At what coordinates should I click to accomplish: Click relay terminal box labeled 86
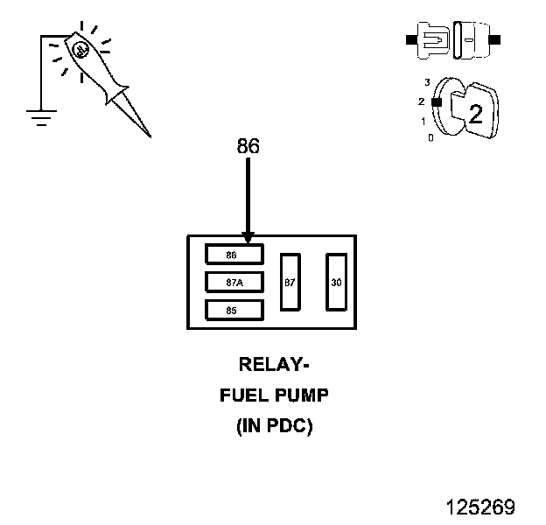click(x=234, y=255)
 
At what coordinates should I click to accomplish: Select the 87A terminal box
click(x=234, y=283)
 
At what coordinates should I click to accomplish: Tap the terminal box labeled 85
click(x=234, y=310)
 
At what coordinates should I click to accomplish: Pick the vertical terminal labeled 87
click(x=290, y=282)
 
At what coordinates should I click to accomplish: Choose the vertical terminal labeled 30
click(x=337, y=282)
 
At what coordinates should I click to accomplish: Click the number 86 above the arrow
click(x=248, y=146)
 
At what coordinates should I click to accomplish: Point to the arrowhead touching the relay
click(x=248, y=237)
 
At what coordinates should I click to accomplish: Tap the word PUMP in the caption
click(x=300, y=395)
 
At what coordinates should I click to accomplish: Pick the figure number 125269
click(x=479, y=507)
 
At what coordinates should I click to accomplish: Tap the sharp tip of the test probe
click(x=149, y=136)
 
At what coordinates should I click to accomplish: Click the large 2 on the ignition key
click(x=475, y=113)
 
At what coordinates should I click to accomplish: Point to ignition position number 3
click(x=427, y=82)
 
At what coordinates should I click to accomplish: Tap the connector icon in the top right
click(x=451, y=40)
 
